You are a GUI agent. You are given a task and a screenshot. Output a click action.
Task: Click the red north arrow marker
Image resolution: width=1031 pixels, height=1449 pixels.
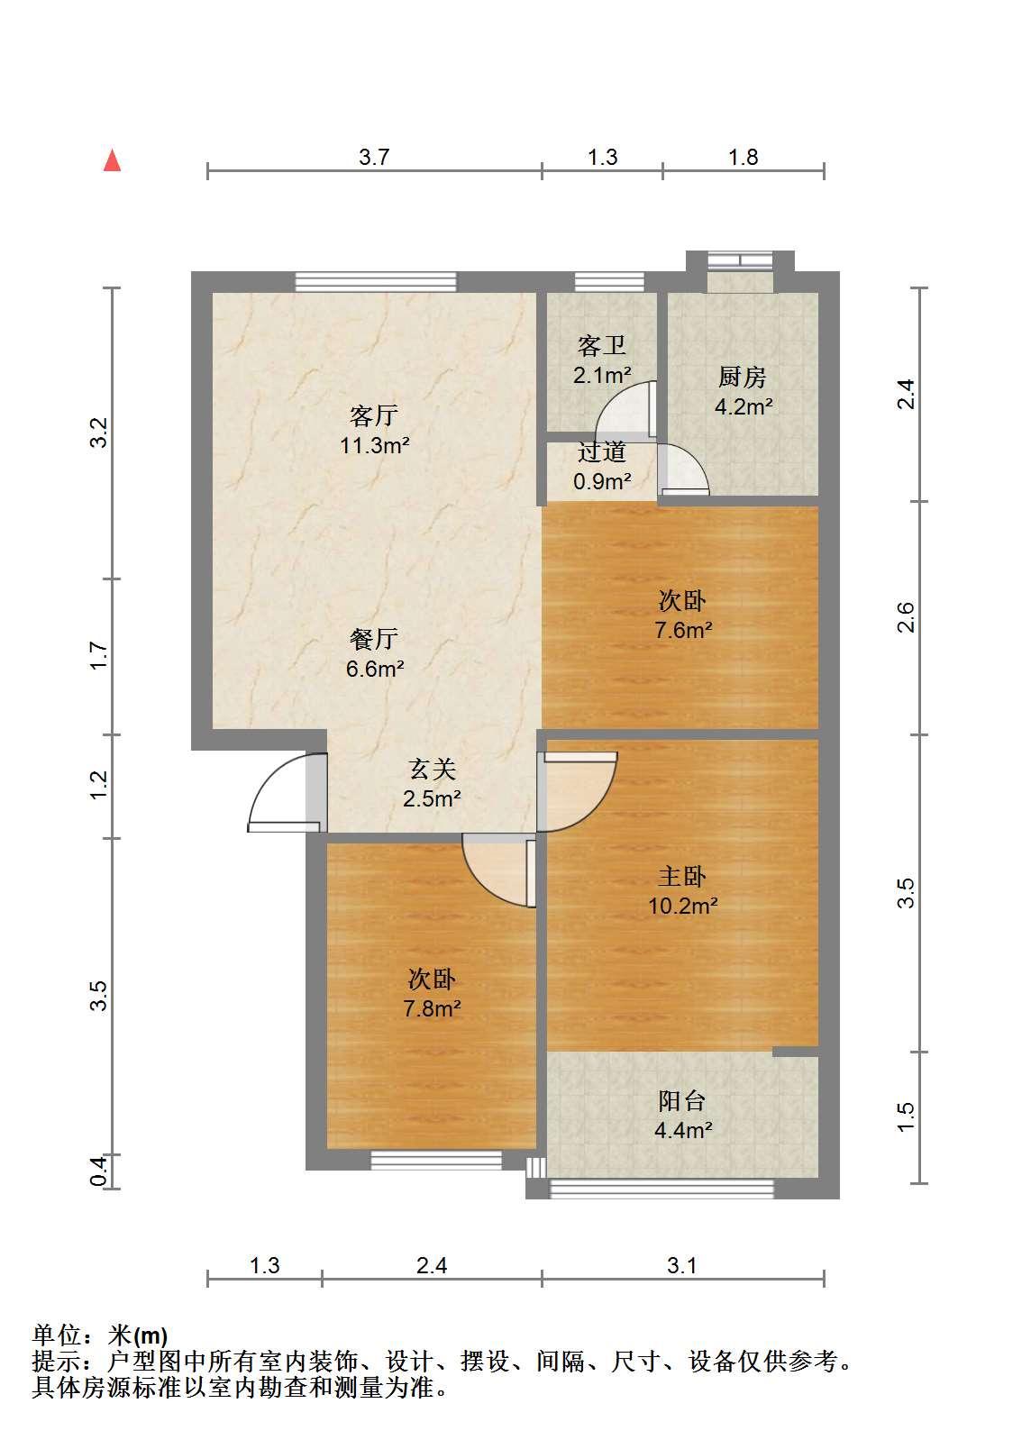(113, 160)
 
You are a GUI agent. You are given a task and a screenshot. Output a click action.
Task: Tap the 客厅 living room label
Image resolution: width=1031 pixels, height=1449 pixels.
(374, 415)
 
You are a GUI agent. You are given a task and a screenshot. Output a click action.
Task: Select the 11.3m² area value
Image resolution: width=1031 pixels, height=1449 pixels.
(375, 445)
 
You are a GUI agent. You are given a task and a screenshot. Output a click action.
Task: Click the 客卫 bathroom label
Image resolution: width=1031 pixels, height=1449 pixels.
(602, 345)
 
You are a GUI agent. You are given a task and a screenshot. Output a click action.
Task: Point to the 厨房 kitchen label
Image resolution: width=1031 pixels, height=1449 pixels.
(743, 377)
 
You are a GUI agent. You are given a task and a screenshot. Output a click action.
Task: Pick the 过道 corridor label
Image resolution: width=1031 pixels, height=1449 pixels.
(602, 451)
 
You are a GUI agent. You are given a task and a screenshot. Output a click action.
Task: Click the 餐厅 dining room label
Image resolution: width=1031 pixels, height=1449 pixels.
(374, 639)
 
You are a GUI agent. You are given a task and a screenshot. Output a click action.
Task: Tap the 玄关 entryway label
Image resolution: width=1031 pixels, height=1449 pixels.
(432, 770)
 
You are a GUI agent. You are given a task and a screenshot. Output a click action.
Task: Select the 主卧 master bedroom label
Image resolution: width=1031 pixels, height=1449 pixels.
(681, 877)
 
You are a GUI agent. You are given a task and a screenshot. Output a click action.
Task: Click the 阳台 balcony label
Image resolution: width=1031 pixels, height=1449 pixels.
(681, 1101)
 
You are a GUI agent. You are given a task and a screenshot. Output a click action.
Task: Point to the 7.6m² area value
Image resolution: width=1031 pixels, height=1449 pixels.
(684, 630)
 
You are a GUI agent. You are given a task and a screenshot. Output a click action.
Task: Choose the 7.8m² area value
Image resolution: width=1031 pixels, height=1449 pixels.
(432, 1008)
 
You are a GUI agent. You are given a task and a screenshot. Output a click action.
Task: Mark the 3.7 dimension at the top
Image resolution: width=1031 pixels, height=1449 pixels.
(374, 157)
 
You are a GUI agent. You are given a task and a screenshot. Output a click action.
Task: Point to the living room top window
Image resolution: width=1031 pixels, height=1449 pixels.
(376, 282)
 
